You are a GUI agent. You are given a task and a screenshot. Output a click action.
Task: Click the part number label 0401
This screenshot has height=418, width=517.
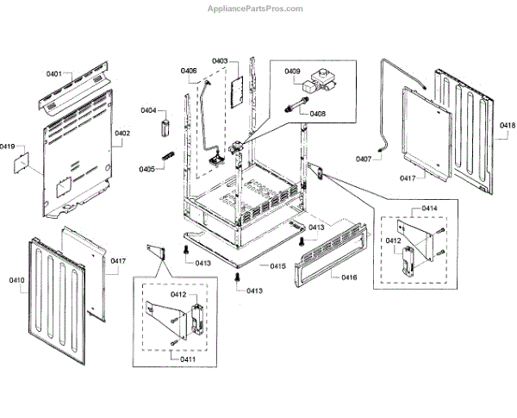click(x=54, y=75)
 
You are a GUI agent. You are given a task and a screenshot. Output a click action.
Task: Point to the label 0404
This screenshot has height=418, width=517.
click(x=148, y=111)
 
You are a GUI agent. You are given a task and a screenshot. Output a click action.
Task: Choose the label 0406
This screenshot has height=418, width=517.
click(x=189, y=71)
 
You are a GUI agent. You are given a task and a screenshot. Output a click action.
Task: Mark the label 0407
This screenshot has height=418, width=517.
click(x=363, y=159)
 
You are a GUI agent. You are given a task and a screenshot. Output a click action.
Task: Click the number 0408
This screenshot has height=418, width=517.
click(x=317, y=113)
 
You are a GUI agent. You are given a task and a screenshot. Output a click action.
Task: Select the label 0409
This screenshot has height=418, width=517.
click(x=292, y=72)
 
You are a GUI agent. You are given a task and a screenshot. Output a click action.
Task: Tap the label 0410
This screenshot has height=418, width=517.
click(x=17, y=280)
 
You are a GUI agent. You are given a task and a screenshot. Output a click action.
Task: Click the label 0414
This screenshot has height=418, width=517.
click(x=429, y=209)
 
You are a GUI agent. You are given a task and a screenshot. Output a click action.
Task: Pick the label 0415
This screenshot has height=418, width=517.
click(x=277, y=266)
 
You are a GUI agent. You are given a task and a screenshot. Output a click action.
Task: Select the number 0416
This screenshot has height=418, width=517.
click(x=349, y=277)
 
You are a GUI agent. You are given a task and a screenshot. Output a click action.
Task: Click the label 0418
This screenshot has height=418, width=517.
click(x=507, y=126)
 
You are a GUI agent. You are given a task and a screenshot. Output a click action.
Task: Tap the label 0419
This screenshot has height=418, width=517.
click(x=8, y=147)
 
